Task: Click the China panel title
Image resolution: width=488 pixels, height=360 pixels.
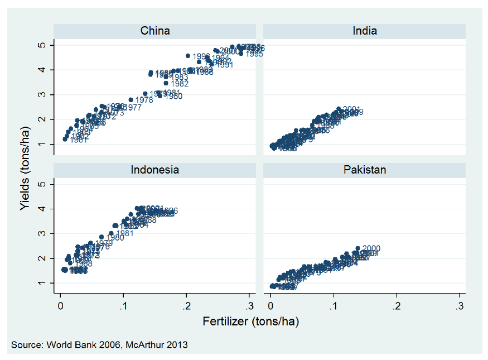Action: pyautogui.click(x=155, y=31)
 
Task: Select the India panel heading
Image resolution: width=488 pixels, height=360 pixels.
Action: pyautogui.click(x=365, y=31)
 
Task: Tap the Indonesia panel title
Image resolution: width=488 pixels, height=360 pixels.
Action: pyautogui.click(x=155, y=170)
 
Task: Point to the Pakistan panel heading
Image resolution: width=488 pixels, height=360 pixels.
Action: pyautogui.click(x=365, y=170)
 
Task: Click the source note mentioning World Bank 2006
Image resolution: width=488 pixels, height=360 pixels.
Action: pyautogui.click(x=99, y=345)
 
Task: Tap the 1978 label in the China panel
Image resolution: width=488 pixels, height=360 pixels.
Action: pyautogui.click(x=144, y=100)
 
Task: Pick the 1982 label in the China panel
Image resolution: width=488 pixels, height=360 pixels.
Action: pyautogui.click(x=180, y=84)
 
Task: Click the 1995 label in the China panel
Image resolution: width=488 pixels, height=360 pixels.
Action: pyautogui.click(x=255, y=54)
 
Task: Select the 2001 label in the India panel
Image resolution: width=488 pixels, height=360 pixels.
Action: pyautogui.click(x=351, y=109)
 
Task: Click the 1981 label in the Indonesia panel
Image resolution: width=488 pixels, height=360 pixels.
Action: pyautogui.click(x=125, y=233)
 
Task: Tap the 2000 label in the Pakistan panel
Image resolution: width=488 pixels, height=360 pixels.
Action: pyautogui.click(x=371, y=249)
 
